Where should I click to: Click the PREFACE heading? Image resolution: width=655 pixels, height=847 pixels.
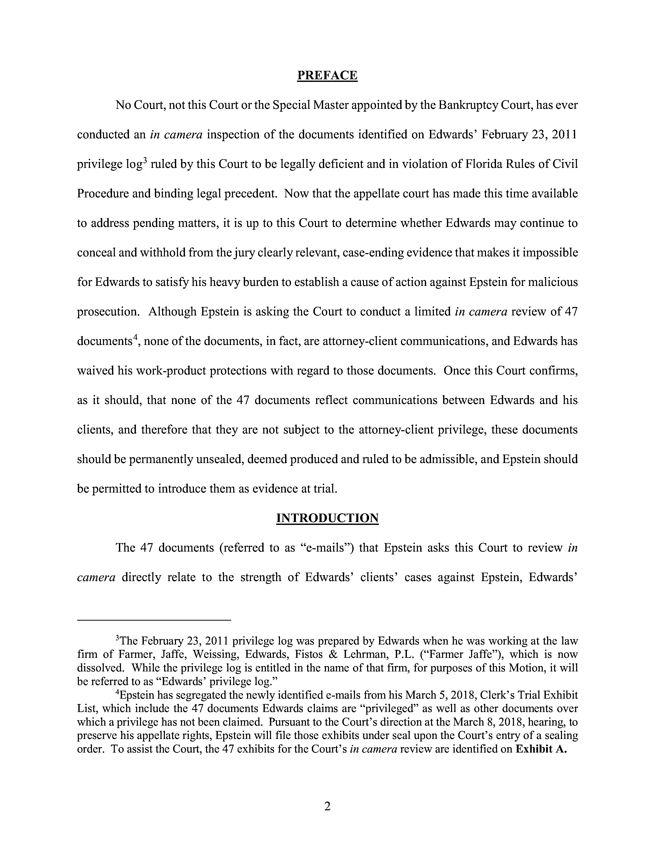(327, 75)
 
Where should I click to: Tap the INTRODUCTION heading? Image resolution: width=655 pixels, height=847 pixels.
(327, 518)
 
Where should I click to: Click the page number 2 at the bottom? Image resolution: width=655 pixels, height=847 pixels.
(327, 807)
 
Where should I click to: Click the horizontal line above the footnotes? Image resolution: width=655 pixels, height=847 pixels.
(154, 621)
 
